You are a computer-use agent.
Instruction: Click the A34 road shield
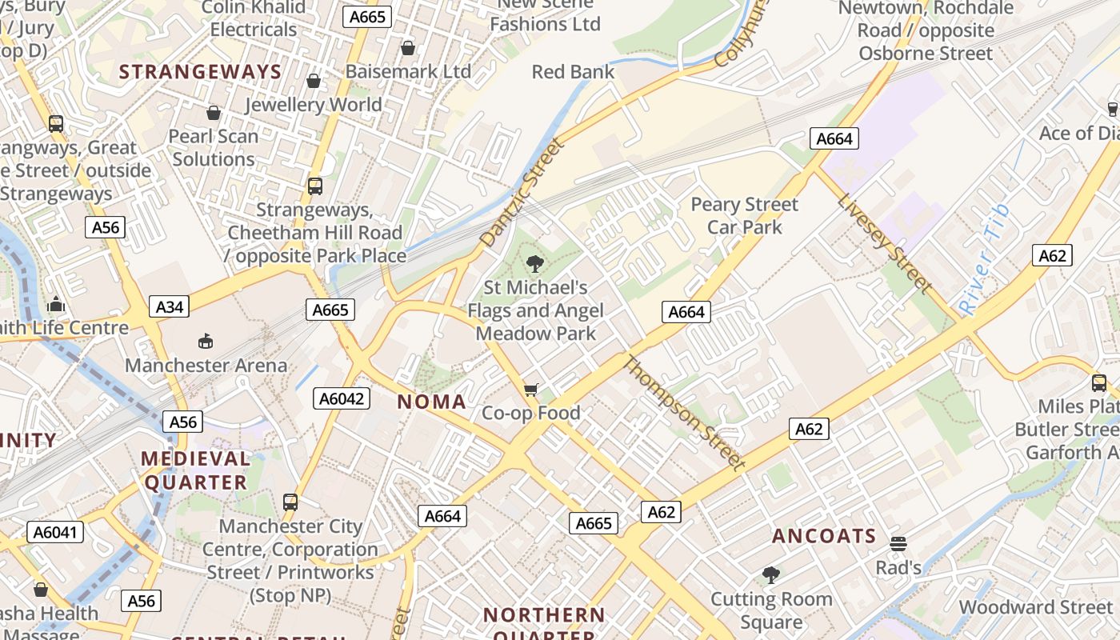click(169, 306)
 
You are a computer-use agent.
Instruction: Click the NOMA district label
click(432, 402)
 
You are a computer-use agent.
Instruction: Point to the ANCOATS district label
click(824, 536)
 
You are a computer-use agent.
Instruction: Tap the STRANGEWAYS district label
click(200, 72)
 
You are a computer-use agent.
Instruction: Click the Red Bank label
click(573, 72)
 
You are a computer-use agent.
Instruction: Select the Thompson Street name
click(684, 413)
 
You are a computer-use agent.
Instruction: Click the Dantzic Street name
click(522, 192)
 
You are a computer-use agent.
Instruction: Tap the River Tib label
click(985, 258)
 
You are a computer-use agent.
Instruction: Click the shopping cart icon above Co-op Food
click(530, 390)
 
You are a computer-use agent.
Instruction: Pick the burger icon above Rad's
click(898, 544)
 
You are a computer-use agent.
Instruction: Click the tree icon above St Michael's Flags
click(535, 263)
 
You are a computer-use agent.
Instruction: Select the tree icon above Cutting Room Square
click(771, 574)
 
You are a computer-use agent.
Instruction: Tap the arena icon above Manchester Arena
click(206, 342)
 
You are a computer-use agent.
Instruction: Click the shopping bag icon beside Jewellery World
click(314, 81)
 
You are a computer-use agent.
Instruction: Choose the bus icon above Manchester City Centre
click(290, 502)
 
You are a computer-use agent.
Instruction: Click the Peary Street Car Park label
click(745, 216)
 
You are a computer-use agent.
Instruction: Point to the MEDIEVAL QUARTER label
click(196, 470)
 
